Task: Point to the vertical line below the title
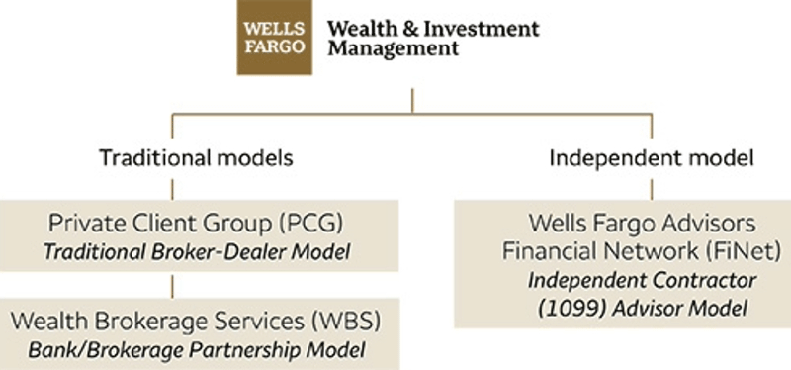pyautogui.click(x=412, y=98)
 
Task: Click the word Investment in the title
pyautogui.click(x=482, y=29)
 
